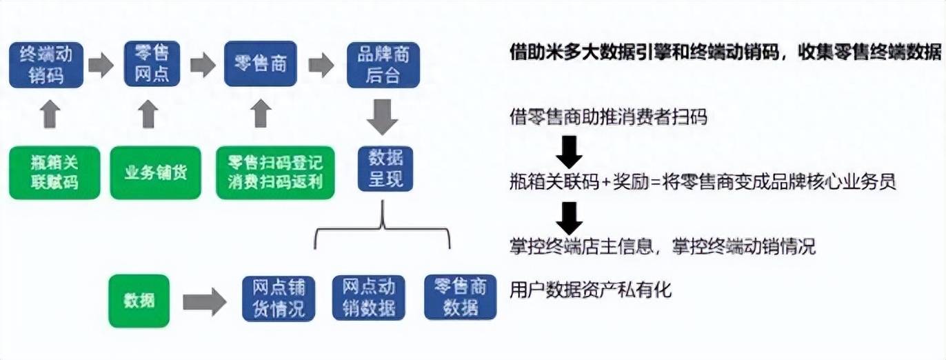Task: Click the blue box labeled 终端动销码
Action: tap(46, 64)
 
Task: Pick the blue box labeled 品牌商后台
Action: tap(383, 64)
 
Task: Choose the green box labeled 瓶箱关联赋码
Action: tap(54, 172)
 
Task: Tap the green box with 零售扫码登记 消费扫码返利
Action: tap(275, 172)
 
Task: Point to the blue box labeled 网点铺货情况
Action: tap(278, 298)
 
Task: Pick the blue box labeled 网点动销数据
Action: tap(369, 298)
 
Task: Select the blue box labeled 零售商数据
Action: tap(460, 297)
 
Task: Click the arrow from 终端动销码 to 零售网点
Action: tap(101, 66)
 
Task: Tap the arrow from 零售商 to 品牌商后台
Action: tap(321, 66)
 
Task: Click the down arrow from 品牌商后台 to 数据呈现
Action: tap(382, 116)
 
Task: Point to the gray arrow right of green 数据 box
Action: tap(204, 301)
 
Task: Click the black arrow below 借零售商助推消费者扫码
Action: tap(569, 152)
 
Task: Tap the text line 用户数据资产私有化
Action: tap(590, 290)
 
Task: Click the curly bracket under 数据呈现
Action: tap(382, 231)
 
